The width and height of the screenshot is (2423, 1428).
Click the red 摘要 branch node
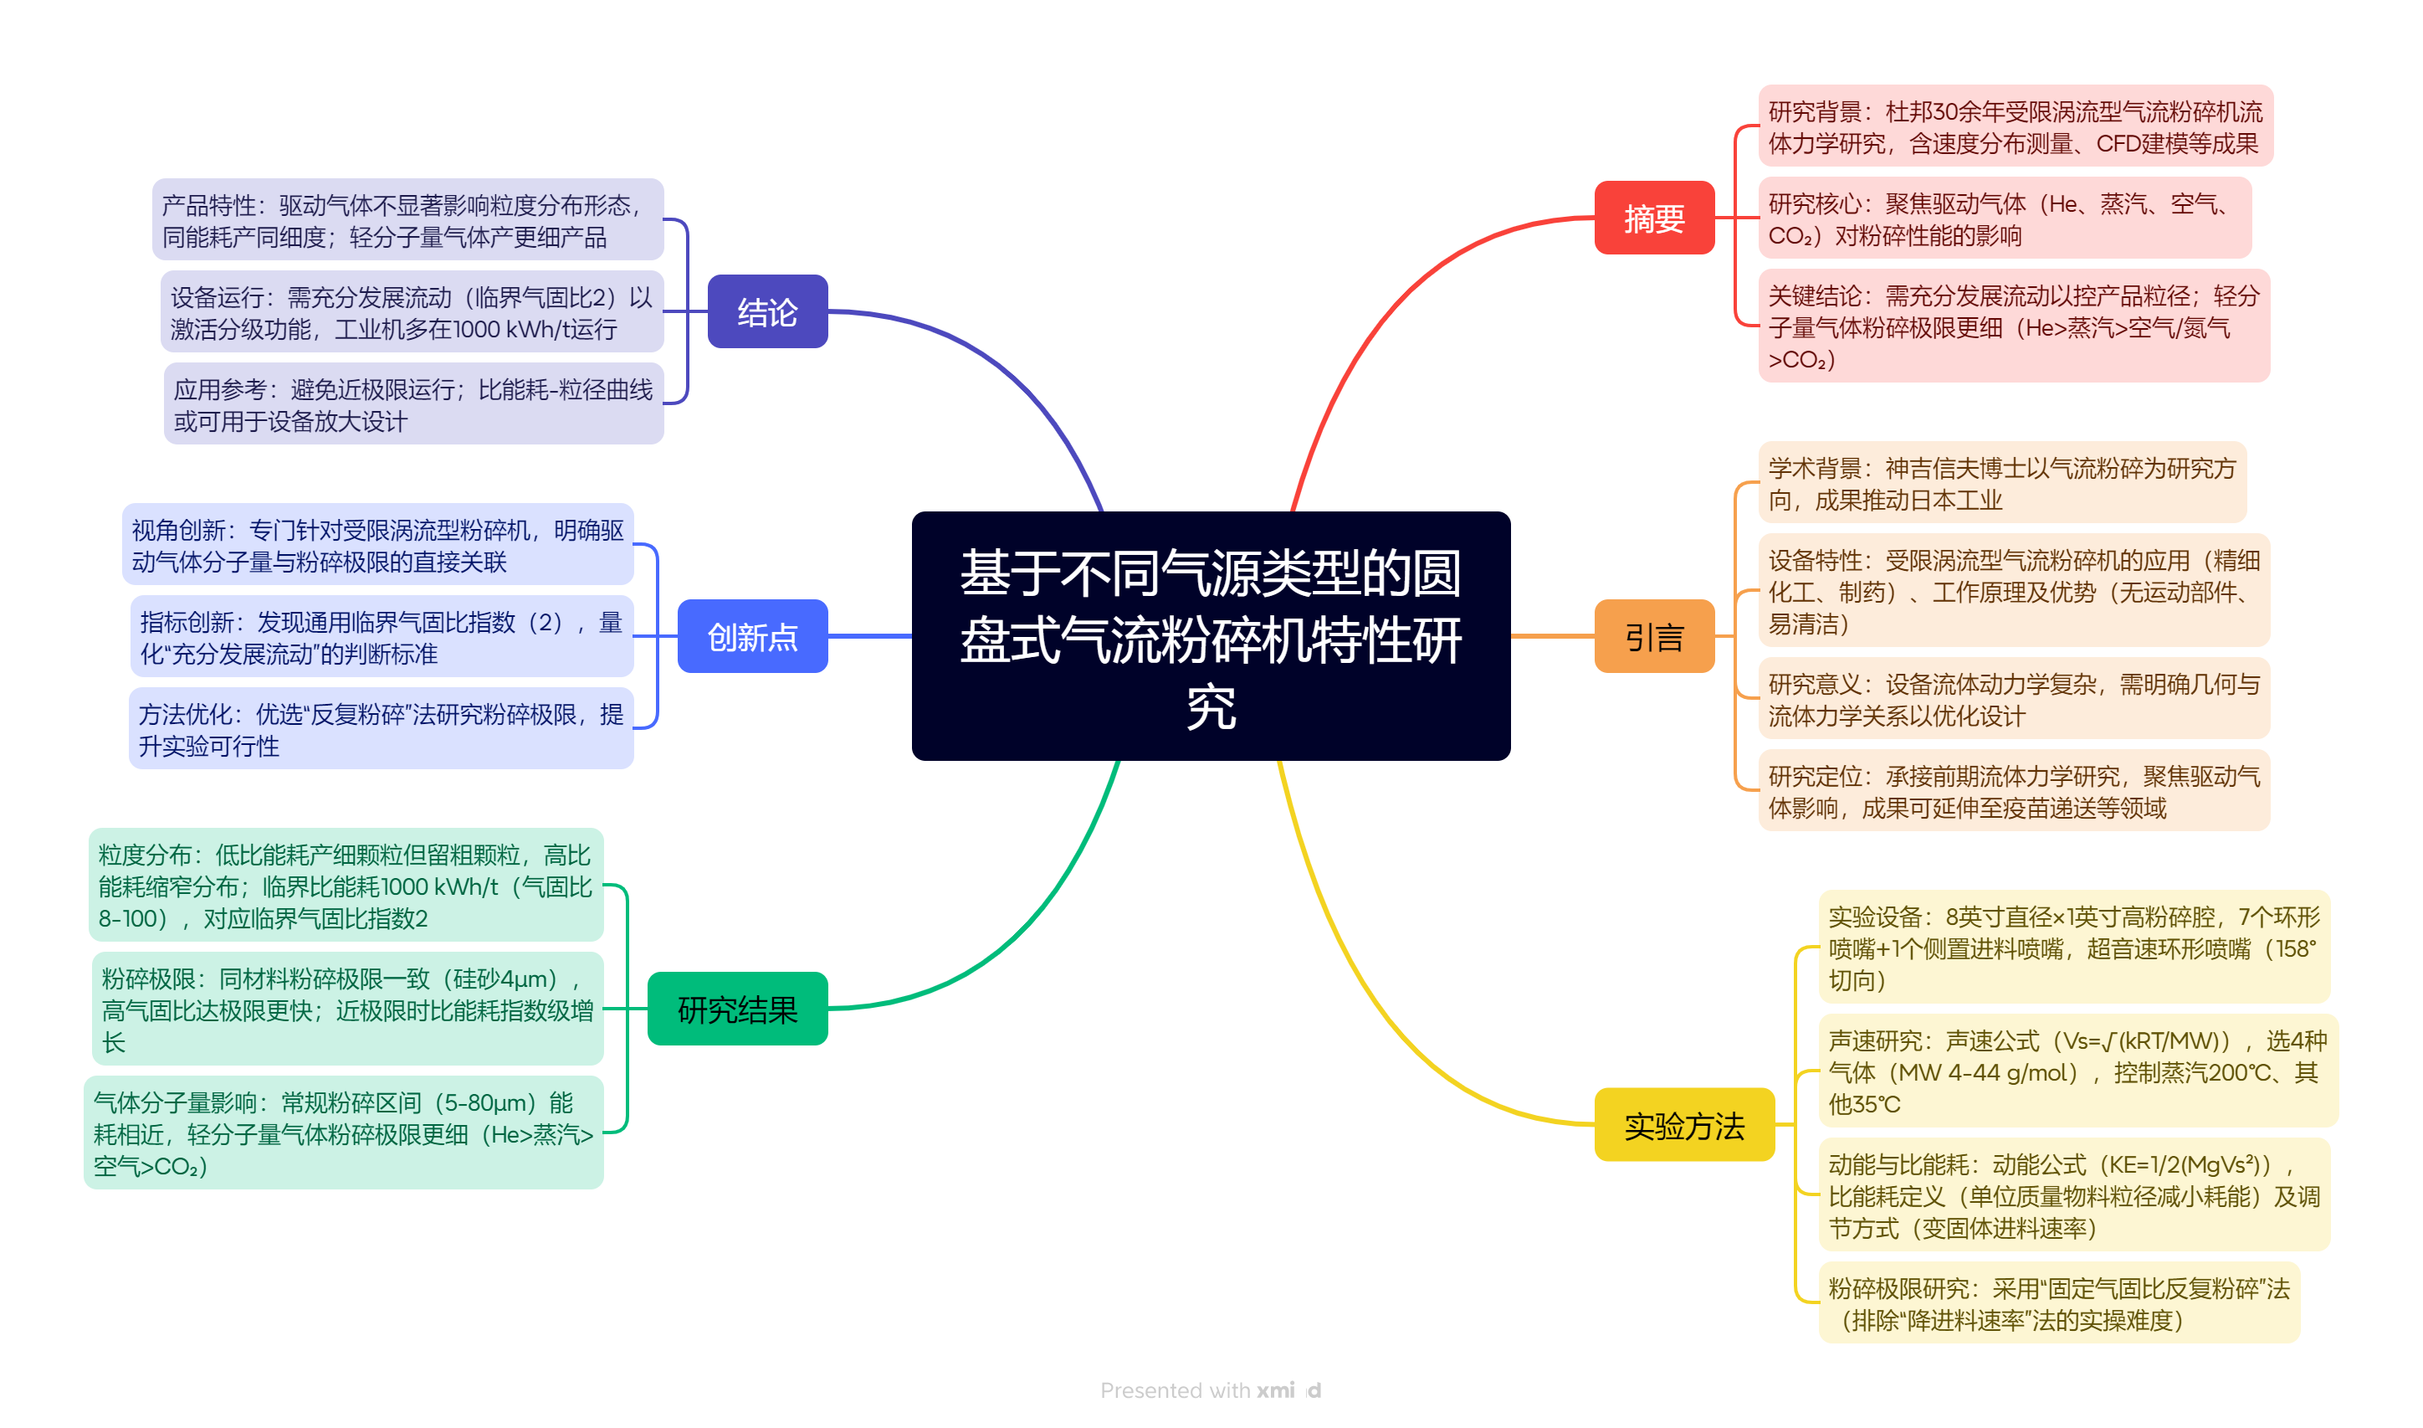point(1652,218)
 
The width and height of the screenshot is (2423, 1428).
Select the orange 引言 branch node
point(1652,635)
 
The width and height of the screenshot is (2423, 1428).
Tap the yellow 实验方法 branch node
point(1683,1124)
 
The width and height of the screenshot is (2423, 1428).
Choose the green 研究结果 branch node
point(737,1009)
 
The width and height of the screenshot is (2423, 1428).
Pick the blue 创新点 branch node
point(752,635)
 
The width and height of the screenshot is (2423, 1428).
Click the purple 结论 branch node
point(766,311)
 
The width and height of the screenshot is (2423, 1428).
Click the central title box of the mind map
point(1210,635)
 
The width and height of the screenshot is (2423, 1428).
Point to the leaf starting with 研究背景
point(2014,126)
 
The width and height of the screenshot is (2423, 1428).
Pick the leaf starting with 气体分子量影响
point(343,1133)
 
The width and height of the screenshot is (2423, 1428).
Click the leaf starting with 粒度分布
point(346,886)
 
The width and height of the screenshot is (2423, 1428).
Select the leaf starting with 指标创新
point(381,637)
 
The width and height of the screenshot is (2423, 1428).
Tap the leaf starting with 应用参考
point(412,404)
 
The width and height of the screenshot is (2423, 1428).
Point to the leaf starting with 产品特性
point(407,219)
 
